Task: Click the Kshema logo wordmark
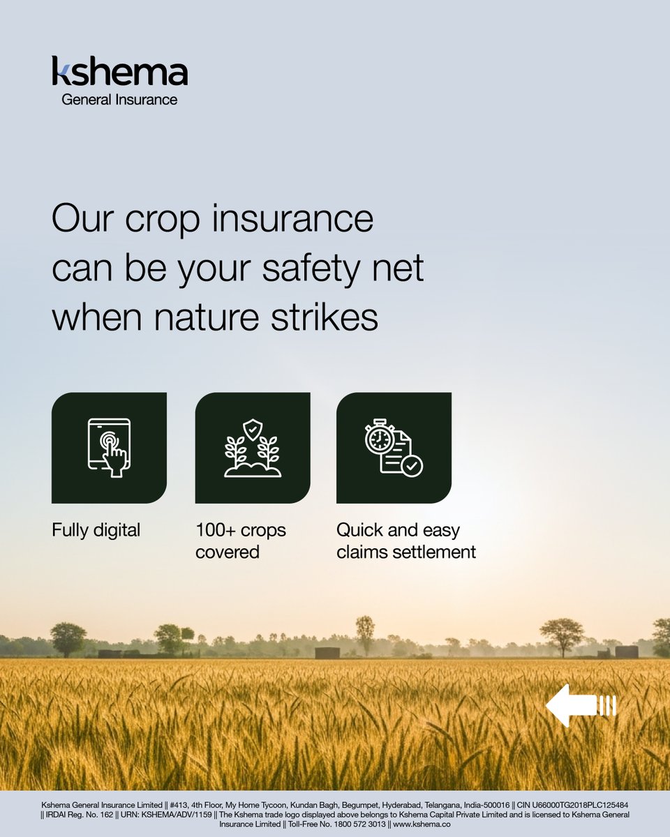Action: pyautogui.click(x=119, y=72)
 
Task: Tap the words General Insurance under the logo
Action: pyautogui.click(x=119, y=99)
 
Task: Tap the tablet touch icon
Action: pyautogui.click(x=110, y=448)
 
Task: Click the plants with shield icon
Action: pyautogui.click(x=252, y=448)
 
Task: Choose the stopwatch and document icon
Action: pyautogui.click(x=393, y=448)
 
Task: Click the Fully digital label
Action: pyautogui.click(x=96, y=530)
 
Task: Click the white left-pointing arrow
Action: pyautogui.click(x=580, y=705)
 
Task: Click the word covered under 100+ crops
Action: pyautogui.click(x=227, y=552)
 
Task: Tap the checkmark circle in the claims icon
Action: pyautogui.click(x=411, y=465)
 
